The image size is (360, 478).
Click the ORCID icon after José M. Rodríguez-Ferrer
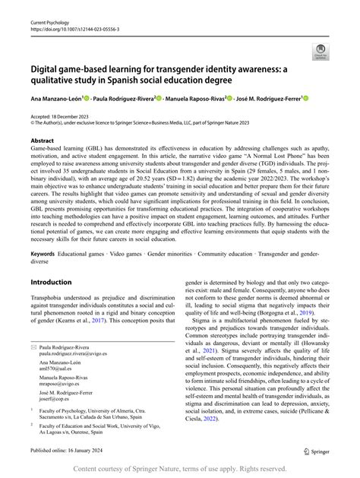point(305,98)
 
